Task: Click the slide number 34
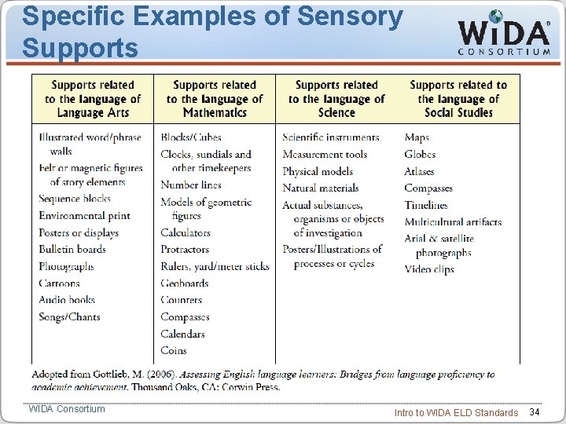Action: click(x=535, y=412)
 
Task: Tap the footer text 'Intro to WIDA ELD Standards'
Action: click(x=456, y=413)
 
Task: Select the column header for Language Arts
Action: click(x=93, y=99)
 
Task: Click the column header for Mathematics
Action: click(x=215, y=99)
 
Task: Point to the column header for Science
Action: click(x=336, y=99)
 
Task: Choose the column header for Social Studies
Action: click(x=458, y=99)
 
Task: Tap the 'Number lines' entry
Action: click(x=191, y=185)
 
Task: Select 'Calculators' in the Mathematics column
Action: click(x=186, y=233)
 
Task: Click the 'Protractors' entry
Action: click(x=185, y=250)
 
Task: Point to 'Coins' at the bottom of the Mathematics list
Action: click(x=174, y=350)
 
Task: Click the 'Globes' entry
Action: click(x=420, y=155)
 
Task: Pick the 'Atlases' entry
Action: click(x=419, y=171)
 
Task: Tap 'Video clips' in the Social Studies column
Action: click(x=429, y=269)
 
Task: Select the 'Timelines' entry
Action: click(x=426, y=205)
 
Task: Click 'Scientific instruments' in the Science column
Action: click(x=331, y=137)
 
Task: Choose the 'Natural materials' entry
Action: click(x=321, y=188)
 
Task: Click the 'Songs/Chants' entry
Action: click(x=70, y=317)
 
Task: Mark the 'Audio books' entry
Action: click(x=67, y=300)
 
